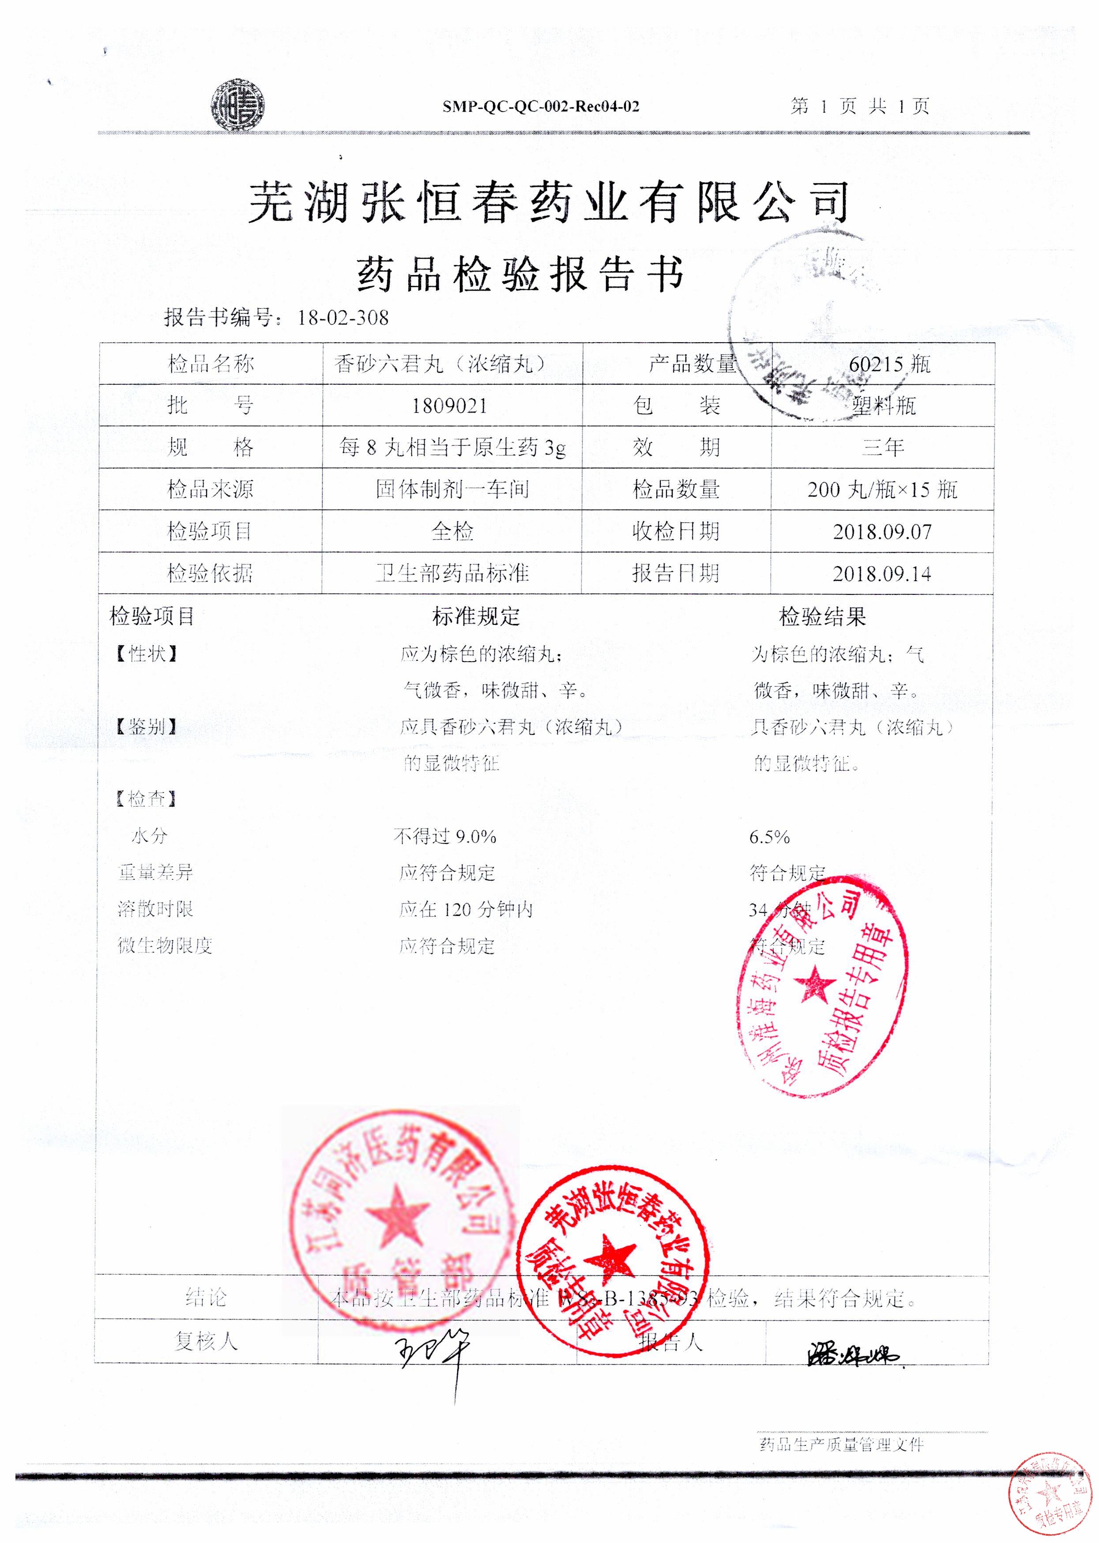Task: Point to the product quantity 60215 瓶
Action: (889, 364)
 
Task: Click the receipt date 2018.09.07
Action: (882, 532)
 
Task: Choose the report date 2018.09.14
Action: (882, 574)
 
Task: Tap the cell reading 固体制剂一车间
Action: (452, 489)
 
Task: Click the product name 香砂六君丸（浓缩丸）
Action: (440, 364)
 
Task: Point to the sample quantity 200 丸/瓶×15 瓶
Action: (882, 489)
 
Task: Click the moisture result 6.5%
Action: (769, 837)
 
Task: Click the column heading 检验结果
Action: (822, 617)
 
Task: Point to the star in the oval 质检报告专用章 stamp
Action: (817, 986)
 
